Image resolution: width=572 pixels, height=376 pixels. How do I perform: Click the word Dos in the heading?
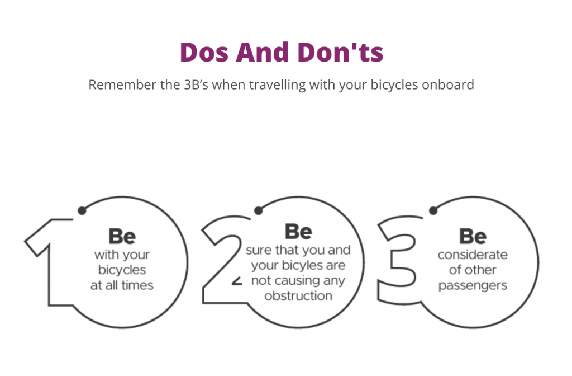tap(204, 52)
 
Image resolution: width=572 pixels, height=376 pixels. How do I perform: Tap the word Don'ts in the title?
tap(340, 52)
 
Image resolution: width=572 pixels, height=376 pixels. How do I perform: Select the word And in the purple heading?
tap(263, 52)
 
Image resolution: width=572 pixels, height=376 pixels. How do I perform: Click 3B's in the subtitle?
tap(196, 85)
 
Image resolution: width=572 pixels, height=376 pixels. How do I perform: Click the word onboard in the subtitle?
tap(447, 85)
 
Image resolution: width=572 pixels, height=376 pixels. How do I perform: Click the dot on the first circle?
tap(82, 210)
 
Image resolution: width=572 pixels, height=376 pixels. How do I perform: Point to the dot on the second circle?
tap(258, 210)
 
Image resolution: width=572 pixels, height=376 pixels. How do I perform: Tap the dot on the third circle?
tap(433, 210)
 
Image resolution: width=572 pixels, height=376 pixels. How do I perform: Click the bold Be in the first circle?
tap(122, 236)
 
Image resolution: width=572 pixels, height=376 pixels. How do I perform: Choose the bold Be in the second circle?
tap(298, 232)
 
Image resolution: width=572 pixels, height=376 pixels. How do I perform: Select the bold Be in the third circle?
tap(473, 236)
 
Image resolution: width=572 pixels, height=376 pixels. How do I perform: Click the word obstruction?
tap(298, 295)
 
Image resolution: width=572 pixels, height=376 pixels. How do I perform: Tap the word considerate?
tap(473, 255)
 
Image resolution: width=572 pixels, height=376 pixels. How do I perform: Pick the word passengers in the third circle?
tap(473, 285)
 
